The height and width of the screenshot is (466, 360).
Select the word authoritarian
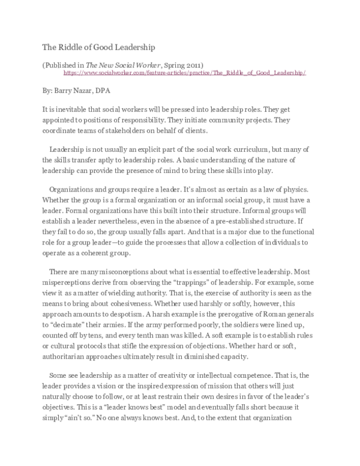click(70, 358)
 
